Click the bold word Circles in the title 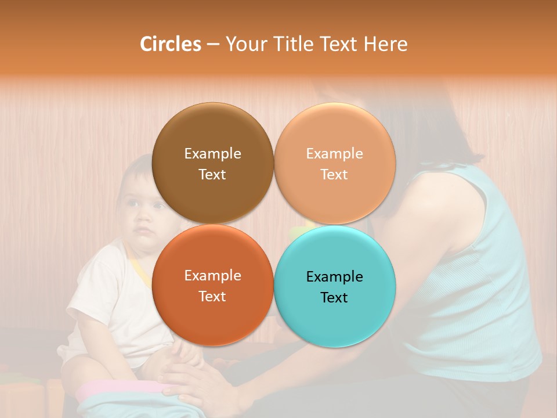(x=170, y=44)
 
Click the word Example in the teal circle (x=335, y=276)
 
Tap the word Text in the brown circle (x=212, y=174)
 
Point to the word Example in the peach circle (x=335, y=154)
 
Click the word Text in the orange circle (x=212, y=296)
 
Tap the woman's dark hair (x=441, y=128)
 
